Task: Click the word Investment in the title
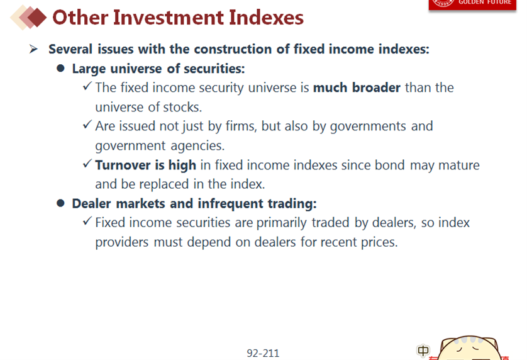169,18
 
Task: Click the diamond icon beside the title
28,18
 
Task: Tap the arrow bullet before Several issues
33,49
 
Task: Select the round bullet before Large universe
60,69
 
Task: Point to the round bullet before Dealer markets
60,203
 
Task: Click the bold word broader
376,87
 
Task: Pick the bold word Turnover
123,165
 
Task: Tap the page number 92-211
263,353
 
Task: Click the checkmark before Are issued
87,125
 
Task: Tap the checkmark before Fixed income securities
87,221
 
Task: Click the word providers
121,242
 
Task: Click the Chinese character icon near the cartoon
423,351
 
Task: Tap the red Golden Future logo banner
472,4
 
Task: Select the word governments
368,127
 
